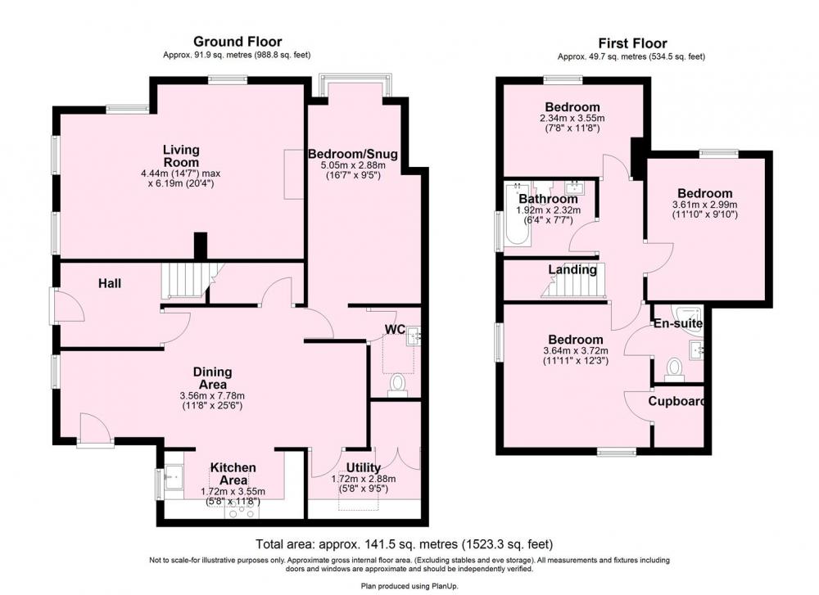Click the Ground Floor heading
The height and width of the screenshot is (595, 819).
tap(238, 42)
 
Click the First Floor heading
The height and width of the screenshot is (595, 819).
tap(632, 43)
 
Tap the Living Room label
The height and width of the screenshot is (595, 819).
tap(181, 156)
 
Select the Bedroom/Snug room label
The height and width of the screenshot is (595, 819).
tap(352, 154)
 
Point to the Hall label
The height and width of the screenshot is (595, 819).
tap(110, 283)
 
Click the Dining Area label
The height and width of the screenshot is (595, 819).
tap(213, 378)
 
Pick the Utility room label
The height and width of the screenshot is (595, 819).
tap(364, 467)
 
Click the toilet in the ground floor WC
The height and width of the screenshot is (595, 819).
tap(398, 385)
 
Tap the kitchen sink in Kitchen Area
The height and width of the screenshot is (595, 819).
tap(174, 477)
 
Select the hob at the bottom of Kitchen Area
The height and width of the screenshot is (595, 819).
tap(242, 512)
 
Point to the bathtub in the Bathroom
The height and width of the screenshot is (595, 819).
tap(517, 219)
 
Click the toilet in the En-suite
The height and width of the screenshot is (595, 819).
tap(674, 370)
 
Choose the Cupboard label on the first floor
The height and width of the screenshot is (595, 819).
tap(676, 401)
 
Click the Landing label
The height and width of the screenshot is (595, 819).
tap(572, 270)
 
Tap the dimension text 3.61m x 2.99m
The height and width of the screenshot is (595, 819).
tap(704, 205)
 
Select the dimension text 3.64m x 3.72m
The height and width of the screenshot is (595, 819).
tap(576, 351)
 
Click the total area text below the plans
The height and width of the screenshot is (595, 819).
tap(405, 544)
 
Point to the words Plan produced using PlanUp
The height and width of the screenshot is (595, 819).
tap(409, 586)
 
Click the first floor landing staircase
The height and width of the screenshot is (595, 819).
tap(573, 281)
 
